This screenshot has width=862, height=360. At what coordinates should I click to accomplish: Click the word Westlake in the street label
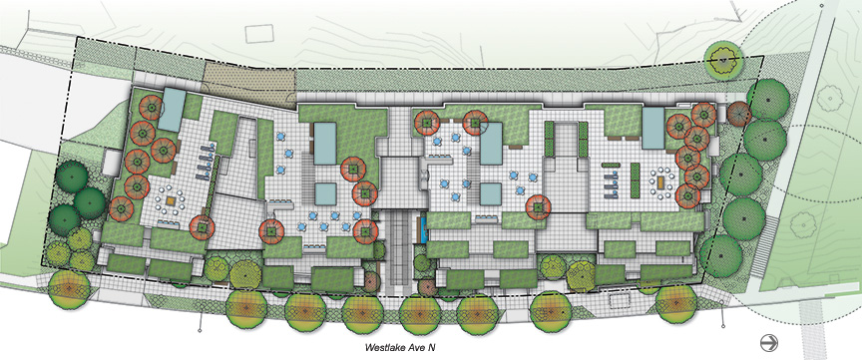point(384,347)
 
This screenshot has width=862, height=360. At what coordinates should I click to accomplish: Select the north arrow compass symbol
point(769,343)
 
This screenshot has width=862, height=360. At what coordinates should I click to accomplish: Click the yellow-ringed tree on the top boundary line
point(724,58)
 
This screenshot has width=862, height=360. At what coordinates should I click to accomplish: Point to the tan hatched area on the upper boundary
point(250,84)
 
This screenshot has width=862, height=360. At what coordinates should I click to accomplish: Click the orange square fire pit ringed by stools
point(172,201)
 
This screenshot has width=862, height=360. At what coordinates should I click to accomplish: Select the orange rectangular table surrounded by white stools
point(662,180)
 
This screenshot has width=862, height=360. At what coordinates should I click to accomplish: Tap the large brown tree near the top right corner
point(739,113)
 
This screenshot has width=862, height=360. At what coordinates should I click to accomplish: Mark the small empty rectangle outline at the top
point(259,34)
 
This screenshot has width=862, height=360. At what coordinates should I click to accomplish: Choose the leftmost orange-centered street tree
point(69,289)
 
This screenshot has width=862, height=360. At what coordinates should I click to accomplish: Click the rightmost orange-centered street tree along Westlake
point(676,303)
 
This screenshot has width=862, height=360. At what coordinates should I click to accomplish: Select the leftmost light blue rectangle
point(173,110)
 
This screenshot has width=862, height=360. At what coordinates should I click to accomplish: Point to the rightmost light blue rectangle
point(653,129)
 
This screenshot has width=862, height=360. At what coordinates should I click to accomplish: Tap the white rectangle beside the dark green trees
point(111,163)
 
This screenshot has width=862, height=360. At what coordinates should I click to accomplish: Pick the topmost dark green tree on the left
point(71,176)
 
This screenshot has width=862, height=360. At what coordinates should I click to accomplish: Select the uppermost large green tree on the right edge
point(768,100)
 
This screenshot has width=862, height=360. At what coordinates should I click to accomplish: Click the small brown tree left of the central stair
point(371,281)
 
